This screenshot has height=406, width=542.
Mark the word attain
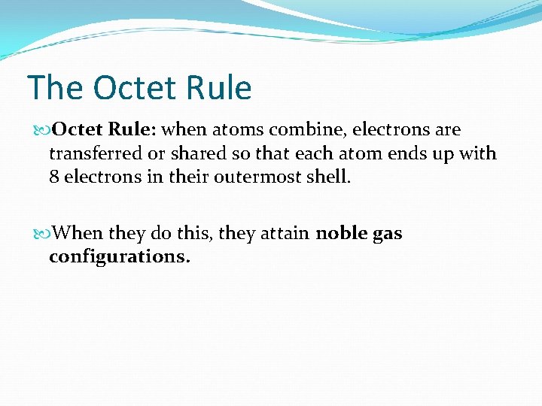click(x=285, y=234)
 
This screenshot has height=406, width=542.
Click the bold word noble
click(x=341, y=234)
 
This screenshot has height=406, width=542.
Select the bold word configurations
click(x=120, y=257)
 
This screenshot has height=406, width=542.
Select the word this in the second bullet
click(x=198, y=234)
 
